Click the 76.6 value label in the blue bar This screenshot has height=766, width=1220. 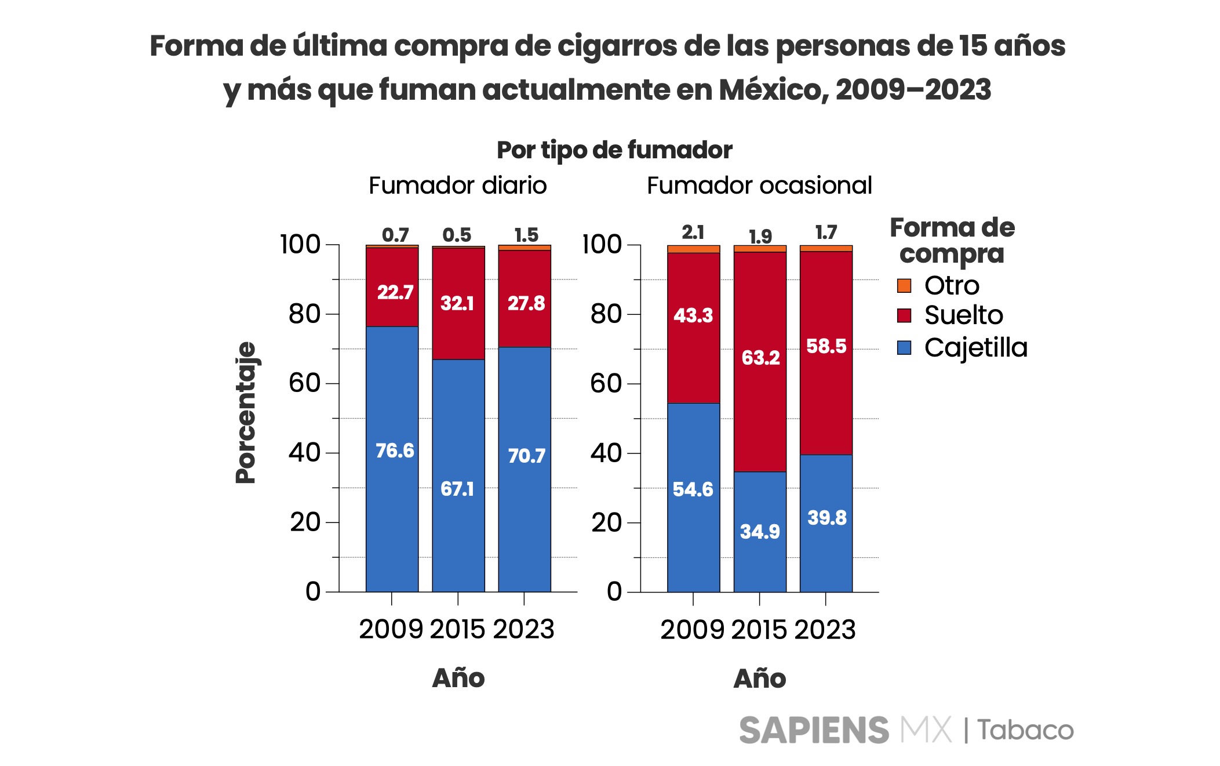point(395,451)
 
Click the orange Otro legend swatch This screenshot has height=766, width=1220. point(904,285)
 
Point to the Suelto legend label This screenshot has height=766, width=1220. point(963,315)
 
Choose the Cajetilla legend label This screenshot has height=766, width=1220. point(975,348)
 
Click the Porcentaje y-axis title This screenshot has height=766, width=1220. point(246,412)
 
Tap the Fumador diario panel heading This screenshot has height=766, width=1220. point(457,186)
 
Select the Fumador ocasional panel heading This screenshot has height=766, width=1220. point(759,186)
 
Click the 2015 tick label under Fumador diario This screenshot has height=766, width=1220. point(457,629)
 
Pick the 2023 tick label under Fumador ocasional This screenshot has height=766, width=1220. point(825,629)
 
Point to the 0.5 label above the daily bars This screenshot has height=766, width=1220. point(457,235)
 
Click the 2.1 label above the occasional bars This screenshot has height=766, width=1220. point(693,233)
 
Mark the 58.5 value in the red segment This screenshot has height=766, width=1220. point(826,346)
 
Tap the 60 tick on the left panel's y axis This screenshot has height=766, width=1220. point(304,383)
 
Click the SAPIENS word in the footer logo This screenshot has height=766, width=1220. point(814,730)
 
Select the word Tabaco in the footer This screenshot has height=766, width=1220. point(1026,730)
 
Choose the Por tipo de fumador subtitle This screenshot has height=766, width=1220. point(614,150)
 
